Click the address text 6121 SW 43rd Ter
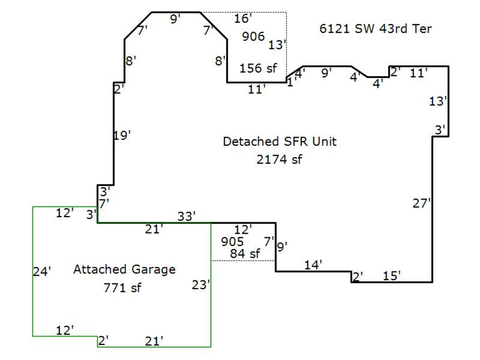click(x=375, y=29)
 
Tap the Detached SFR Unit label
click(x=279, y=141)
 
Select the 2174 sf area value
click(x=279, y=159)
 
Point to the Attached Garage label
click(x=125, y=270)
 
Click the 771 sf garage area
click(x=122, y=288)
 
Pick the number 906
click(x=253, y=36)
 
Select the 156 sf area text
click(x=258, y=68)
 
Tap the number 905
click(x=233, y=242)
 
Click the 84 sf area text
click(x=245, y=253)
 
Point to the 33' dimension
click(x=186, y=217)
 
